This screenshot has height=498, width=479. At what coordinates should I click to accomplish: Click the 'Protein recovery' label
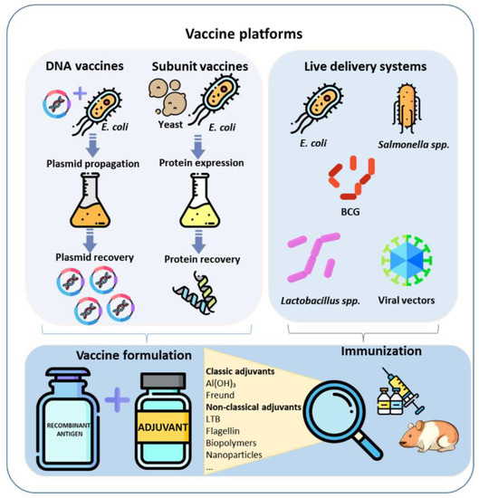(x=196, y=259)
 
